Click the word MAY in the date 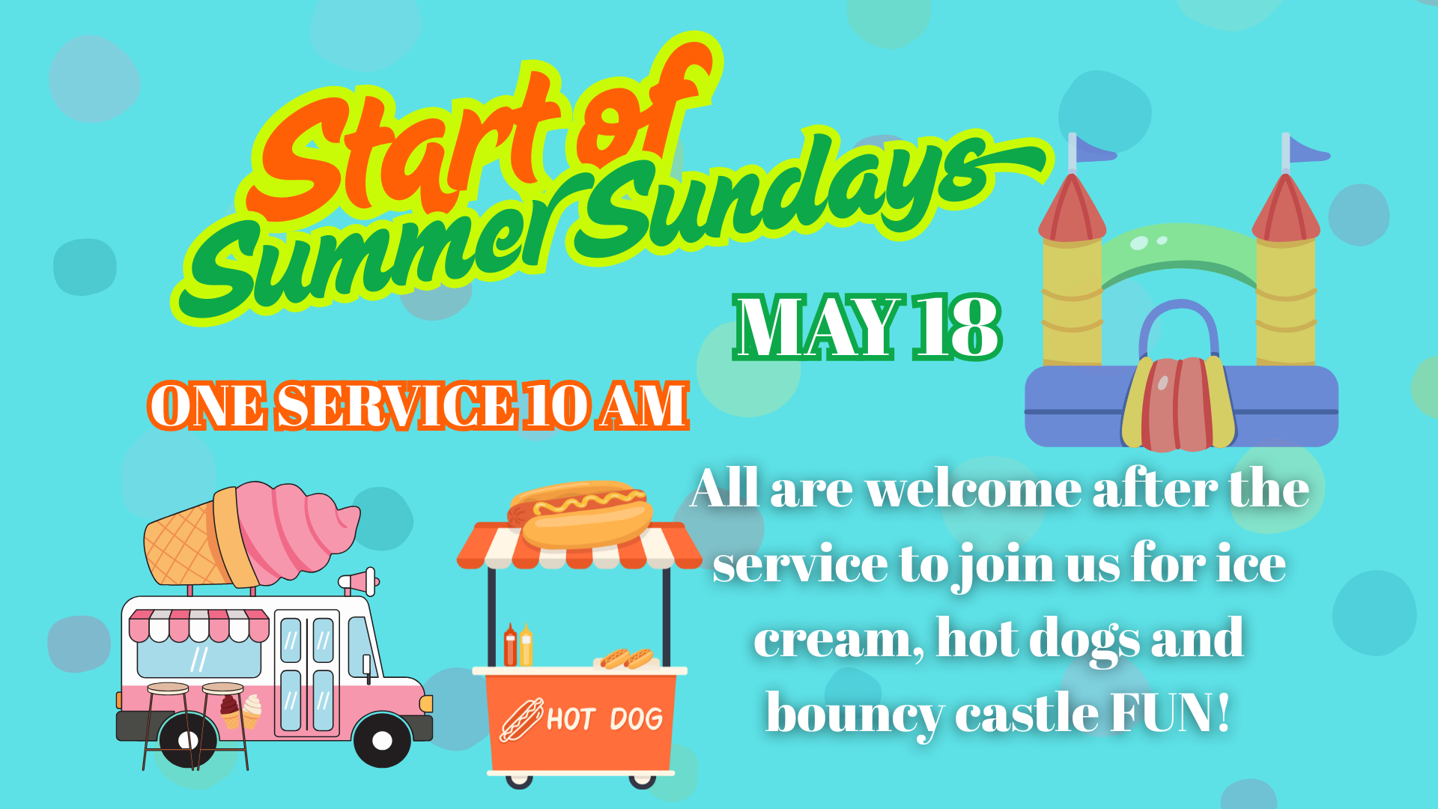click(x=818, y=327)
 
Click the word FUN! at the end click(x=1170, y=712)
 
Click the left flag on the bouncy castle click(x=1092, y=151)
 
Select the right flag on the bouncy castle click(x=1305, y=151)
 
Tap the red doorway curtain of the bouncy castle click(x=1179, y=404)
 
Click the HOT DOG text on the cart click(x=604, y=719)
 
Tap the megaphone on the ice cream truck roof click(x=359, y=581)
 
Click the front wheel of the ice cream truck click(x=382, y=740)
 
